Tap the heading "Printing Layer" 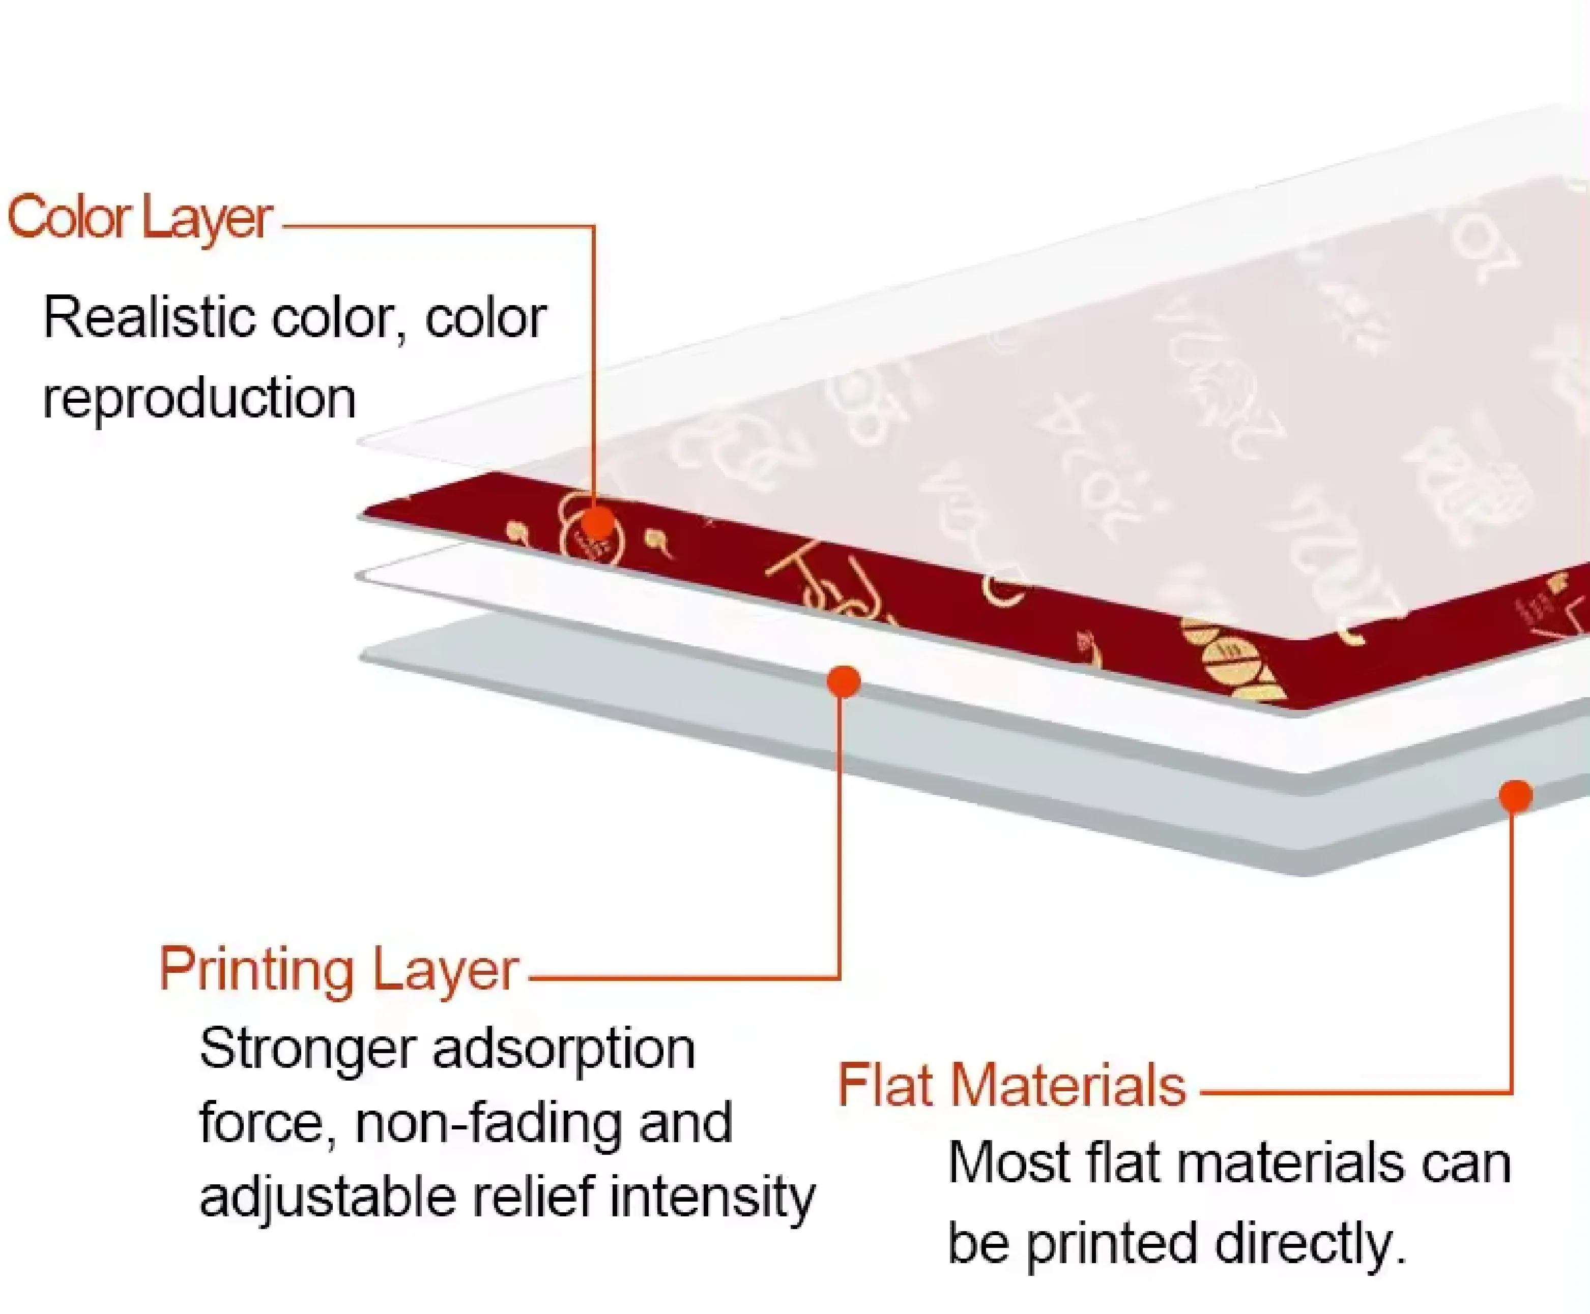[338, 970]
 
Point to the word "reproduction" [199, 399]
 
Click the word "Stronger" [308, 1051]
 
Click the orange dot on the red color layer [597, 522]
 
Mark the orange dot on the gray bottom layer [1516, 795]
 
